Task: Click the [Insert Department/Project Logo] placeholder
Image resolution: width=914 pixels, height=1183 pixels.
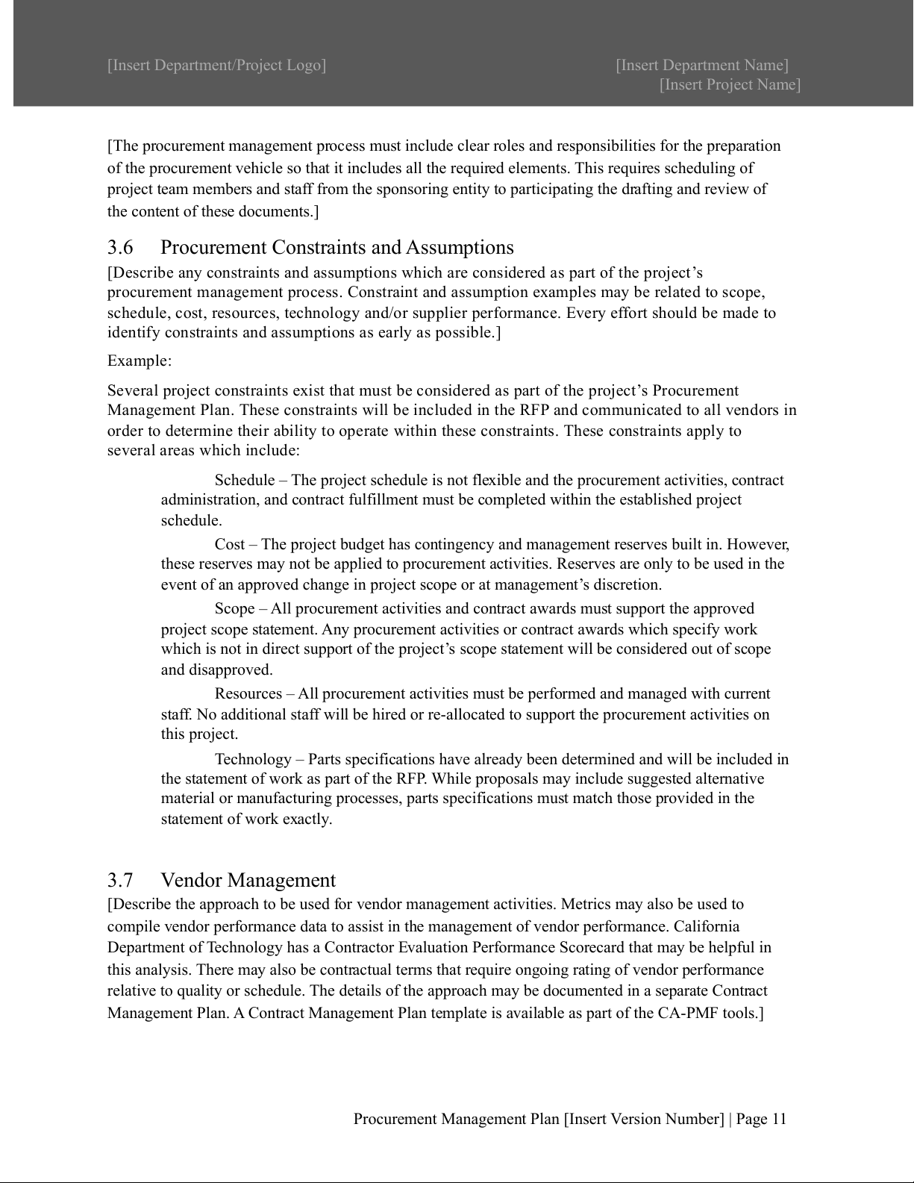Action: (216, 65)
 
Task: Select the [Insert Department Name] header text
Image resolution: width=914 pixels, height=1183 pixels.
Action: (702, 65)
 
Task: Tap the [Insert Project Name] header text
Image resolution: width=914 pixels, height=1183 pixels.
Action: (730, 84)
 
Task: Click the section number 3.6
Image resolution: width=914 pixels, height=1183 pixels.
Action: (120, 247)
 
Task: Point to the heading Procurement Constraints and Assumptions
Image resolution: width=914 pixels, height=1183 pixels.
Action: (337, 247)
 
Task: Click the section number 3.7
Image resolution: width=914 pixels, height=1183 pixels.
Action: (120, 880)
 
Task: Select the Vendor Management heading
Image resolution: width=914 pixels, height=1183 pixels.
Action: (248, 880)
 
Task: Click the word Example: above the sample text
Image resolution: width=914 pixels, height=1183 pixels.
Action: (140, 361)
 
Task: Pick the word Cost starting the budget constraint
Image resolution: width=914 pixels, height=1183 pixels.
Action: (230, 544)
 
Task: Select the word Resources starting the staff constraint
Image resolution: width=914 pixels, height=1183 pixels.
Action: (248, 694)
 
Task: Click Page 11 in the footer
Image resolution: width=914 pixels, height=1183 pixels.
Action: (761, 1119)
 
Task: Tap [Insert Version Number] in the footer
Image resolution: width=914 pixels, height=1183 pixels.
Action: (644, 1119)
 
